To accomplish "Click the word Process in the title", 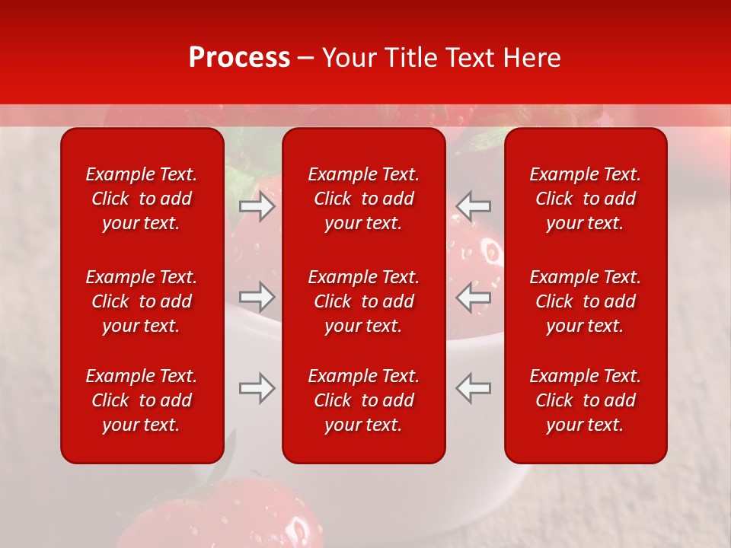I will pyautogui.click(x=239, y=58).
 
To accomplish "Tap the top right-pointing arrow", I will pyautogui.click(x=257, y=206).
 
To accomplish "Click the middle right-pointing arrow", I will pyautogui.click(x=257, y=297).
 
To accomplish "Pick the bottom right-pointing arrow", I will pyautogui.click(x=257, y=388).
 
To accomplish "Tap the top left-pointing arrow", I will pyautogui.click(x=473, y=206).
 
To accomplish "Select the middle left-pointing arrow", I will pyautogui.click(x=473, y=297).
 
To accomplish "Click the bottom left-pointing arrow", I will pyautogui.click(x=473, y=388).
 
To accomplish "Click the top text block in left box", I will pyautogui.click(x=142, y=199).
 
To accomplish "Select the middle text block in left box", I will pyautogui.click(x=142, y=301).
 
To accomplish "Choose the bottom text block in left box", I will pyautogui.click(x=142, y=400).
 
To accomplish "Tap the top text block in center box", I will pyautogui.click(x=364, y=199).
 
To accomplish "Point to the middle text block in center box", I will pyautogui.click(x=364, y=301).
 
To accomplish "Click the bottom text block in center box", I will pyautogui.click(x=364, y=400).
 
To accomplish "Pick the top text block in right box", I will pyautogui.click(x=586, y=199).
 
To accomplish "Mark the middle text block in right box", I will pyautogui.click(x=586, y=301).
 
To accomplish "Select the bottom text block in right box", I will pyautogui.click(x=586, y=400).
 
